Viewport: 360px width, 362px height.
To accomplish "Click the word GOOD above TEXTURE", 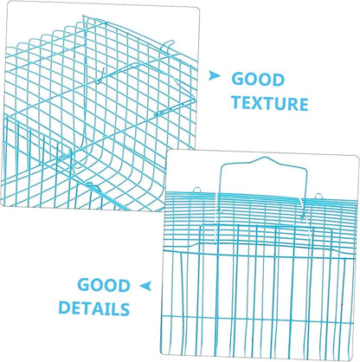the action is click(x=258, y=80).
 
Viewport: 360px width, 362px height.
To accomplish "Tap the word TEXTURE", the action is click(x=270, y=103).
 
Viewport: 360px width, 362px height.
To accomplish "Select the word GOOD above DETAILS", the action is click(x=104, y=285).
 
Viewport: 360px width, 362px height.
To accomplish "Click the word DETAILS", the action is click(x=94, y=308).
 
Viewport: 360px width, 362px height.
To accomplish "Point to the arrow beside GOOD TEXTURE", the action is click(x=214, y=75).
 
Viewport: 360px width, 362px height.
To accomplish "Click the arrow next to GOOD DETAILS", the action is click(x=145, y=286).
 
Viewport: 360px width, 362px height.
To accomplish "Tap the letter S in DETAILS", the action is click(x=124, y=308).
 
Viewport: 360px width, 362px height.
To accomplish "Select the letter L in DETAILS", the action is click(x=113, y=308).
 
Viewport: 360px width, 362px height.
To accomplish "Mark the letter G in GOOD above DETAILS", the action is click(x=84, y=285).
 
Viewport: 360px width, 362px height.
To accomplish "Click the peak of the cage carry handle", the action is click(x=265, y=158).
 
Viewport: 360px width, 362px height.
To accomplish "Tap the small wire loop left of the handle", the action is click(x=196, y=190).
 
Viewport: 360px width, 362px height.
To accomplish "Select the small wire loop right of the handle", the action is click(x=318, y=196).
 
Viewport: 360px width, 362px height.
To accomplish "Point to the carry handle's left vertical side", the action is click(x=221, y=181).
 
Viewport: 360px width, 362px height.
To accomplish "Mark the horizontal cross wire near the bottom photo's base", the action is click(x=257, y=318).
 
